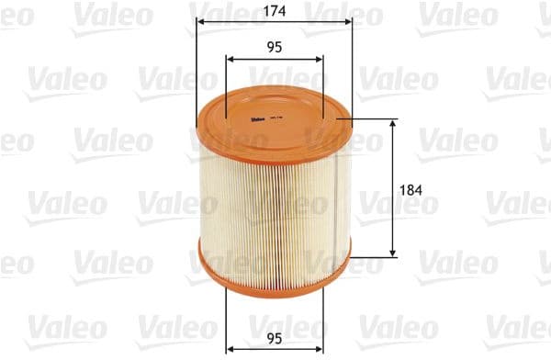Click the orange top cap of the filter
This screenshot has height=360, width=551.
[274, 119]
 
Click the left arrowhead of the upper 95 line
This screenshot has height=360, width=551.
[229, 59]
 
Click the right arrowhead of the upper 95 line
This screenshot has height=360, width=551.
[320, 59]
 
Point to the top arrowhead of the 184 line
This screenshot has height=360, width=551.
[394, 122]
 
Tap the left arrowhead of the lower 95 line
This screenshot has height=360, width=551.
[229, 347]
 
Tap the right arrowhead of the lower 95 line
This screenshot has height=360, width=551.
[320, 347]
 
